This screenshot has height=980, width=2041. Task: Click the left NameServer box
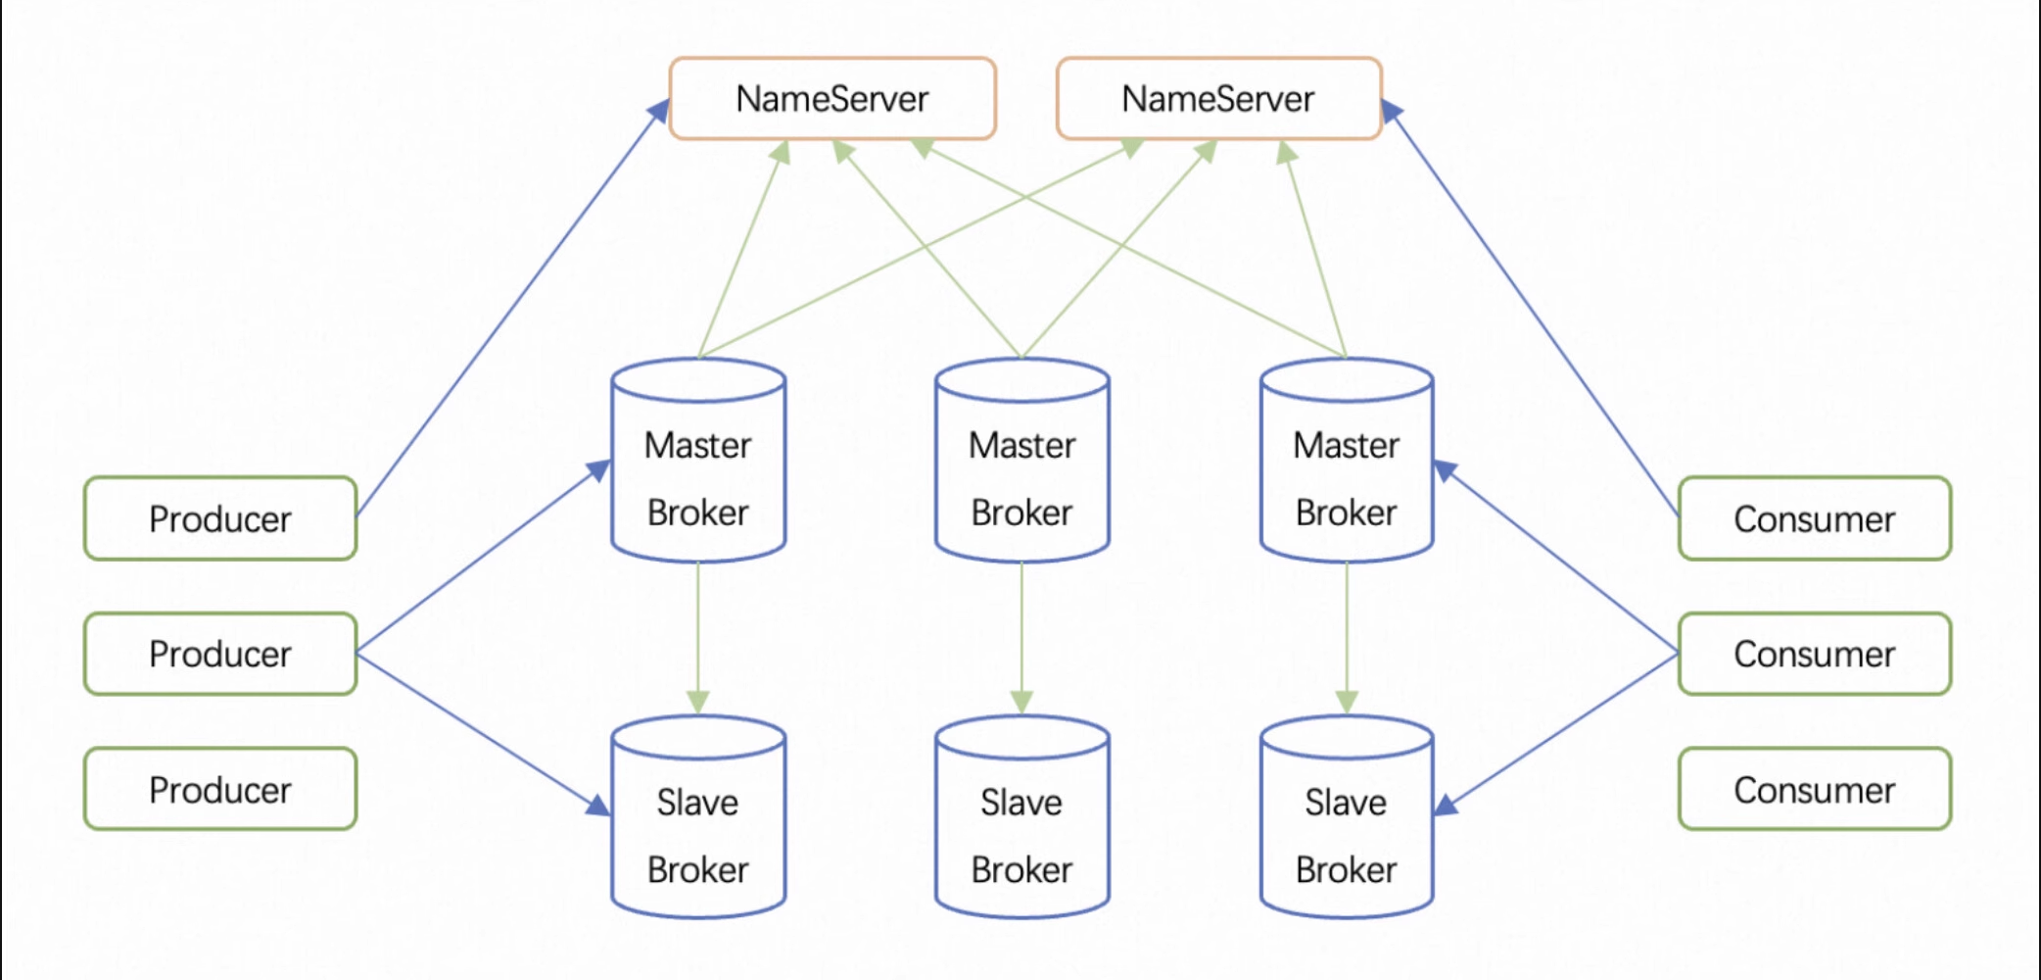(832, 98)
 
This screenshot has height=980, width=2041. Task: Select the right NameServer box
(1219, 98)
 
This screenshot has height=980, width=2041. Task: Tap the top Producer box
(220, 518)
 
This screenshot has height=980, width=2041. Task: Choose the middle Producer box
(220, 654)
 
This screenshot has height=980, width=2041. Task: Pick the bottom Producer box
(220, 789)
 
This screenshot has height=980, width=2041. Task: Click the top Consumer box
(1815, 518)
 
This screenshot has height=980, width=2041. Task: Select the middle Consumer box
(1815, 654)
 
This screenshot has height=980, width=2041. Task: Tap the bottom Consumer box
(1815, 789)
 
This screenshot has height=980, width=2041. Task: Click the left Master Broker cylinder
(698, 461)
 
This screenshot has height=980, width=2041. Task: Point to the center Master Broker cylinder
(1022, 461)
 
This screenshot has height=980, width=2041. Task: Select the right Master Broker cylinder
(1347, 461)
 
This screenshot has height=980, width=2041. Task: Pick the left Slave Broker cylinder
(698, 817)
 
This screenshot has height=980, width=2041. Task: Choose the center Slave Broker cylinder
(1022, 817)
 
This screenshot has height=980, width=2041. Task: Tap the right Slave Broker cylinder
(1347, 817)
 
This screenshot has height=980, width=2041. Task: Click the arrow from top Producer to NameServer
(512, 307)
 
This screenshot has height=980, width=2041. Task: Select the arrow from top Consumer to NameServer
(1530, 307)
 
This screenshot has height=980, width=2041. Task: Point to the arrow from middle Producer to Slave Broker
(484, 734)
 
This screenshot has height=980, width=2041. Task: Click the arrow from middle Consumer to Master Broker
(1556, 557)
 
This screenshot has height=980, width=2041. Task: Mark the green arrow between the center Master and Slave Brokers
(1022, 638)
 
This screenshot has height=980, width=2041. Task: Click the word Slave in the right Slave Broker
(1346, 803)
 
